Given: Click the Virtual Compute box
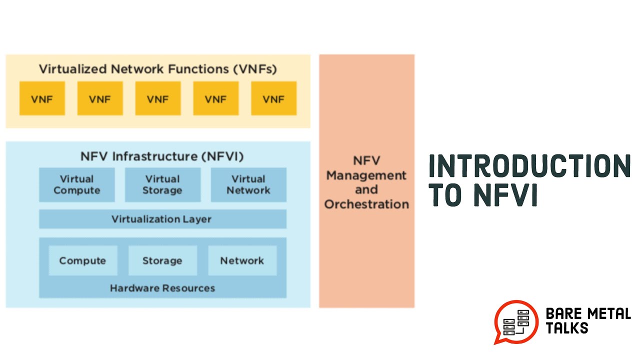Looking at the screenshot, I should click(76, 184).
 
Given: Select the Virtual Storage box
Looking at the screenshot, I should click(162, 184).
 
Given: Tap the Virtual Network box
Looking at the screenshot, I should click(248, 184).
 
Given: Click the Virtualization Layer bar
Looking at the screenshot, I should click(162, 219).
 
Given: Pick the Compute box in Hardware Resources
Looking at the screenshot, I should click(82, 260).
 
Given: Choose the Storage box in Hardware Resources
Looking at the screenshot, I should click(162, 260).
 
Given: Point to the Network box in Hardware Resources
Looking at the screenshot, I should click(242, 260).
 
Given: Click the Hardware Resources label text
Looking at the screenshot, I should click(162, 288).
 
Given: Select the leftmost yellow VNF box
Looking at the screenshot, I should click(42, 99).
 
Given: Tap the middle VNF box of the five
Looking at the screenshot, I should click(157, 99).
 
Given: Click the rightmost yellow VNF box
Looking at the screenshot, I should click(273, 99).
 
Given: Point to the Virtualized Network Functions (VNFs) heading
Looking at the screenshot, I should click(157, 68).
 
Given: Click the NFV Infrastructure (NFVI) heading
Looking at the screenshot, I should click(162, 156).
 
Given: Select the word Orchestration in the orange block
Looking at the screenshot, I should click(366, 204).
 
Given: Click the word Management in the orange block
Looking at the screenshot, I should click(366, 175).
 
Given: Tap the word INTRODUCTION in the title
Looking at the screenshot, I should click(529, 166).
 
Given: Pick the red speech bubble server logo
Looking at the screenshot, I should click(516, 321).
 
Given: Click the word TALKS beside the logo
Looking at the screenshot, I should click(566, 328).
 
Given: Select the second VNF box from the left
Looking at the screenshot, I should click(99, 99).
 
